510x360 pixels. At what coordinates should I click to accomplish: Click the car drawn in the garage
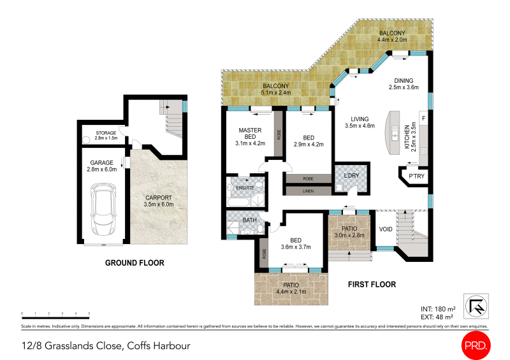point(103,210)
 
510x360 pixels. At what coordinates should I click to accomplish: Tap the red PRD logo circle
point(476,345)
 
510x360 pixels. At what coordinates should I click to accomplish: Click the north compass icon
point(476,306)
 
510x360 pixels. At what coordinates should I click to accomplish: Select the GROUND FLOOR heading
point(135,263)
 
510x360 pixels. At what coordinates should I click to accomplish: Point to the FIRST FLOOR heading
point(372,285)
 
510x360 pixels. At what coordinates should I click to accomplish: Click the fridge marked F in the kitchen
point(423,119)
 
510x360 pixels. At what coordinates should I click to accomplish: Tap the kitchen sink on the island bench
point(395,133)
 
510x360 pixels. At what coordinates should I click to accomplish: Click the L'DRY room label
point(352,176)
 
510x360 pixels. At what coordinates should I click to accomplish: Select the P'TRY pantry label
point(416,176)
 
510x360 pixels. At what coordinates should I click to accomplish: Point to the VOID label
point(386,229)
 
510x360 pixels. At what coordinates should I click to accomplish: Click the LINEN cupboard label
point(308,191)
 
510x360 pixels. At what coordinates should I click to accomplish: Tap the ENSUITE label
point(245,188)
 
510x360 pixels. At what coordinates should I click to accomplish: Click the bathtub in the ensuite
point(238,202)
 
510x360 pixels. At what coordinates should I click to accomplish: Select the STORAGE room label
point(106,133)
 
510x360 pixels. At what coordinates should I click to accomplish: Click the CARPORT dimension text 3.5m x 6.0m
point(159,205)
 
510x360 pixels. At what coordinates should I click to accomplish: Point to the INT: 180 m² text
point(438,309)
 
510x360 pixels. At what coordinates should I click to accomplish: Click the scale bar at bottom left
point(55,316)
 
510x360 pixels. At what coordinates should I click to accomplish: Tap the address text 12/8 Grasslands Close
point(71,346)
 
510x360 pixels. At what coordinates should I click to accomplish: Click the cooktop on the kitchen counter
point(423,151)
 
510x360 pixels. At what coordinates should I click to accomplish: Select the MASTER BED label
point(250,133)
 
